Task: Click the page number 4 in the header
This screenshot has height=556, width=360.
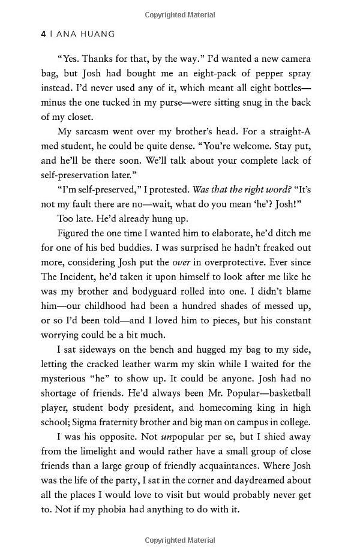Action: coord(43,35)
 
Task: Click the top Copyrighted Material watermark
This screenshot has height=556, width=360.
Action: coord(180,13)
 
